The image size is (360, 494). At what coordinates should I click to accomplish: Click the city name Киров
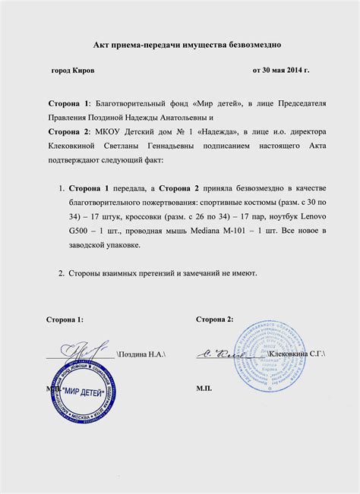84,71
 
